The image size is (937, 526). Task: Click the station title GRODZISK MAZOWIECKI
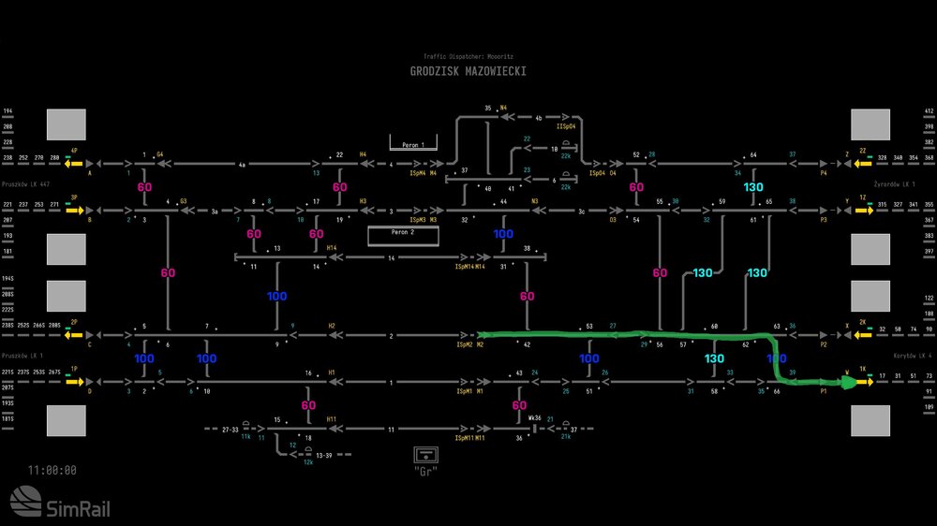(468, 72)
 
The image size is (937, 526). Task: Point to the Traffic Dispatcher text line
(468, 57)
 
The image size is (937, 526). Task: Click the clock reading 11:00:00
(52, 471)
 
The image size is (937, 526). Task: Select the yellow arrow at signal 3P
(74, 211)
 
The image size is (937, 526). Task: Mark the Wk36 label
(534, 418)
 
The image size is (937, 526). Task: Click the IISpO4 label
(565, 124)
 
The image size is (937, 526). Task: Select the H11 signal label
(332, 418)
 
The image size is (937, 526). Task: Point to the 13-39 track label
(324, 455)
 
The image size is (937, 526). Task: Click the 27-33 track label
(230, 430)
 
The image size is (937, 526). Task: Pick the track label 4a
(242, 164)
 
